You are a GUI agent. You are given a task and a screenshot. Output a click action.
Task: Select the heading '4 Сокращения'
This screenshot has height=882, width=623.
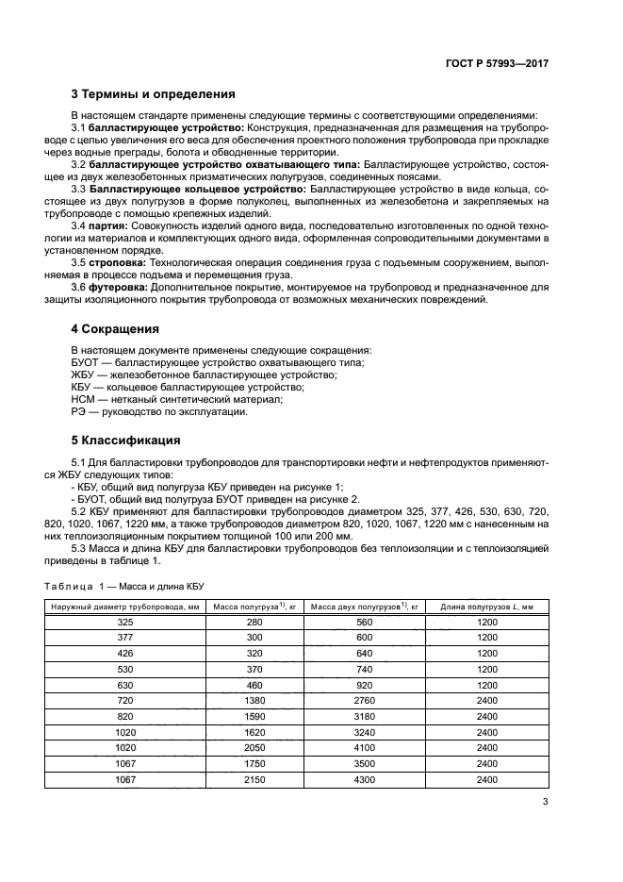115,329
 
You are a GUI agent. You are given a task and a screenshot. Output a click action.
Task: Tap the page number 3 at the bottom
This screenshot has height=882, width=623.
544,803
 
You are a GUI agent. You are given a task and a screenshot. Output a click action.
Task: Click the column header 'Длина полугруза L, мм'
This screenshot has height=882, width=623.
486,607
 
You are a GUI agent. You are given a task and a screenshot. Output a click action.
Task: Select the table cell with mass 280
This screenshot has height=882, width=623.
254,623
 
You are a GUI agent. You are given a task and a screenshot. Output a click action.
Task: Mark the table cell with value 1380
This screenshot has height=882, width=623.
254,702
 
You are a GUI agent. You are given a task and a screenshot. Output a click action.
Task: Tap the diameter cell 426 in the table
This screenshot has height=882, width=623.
124,654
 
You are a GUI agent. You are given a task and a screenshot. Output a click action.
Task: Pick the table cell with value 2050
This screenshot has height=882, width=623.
254,749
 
